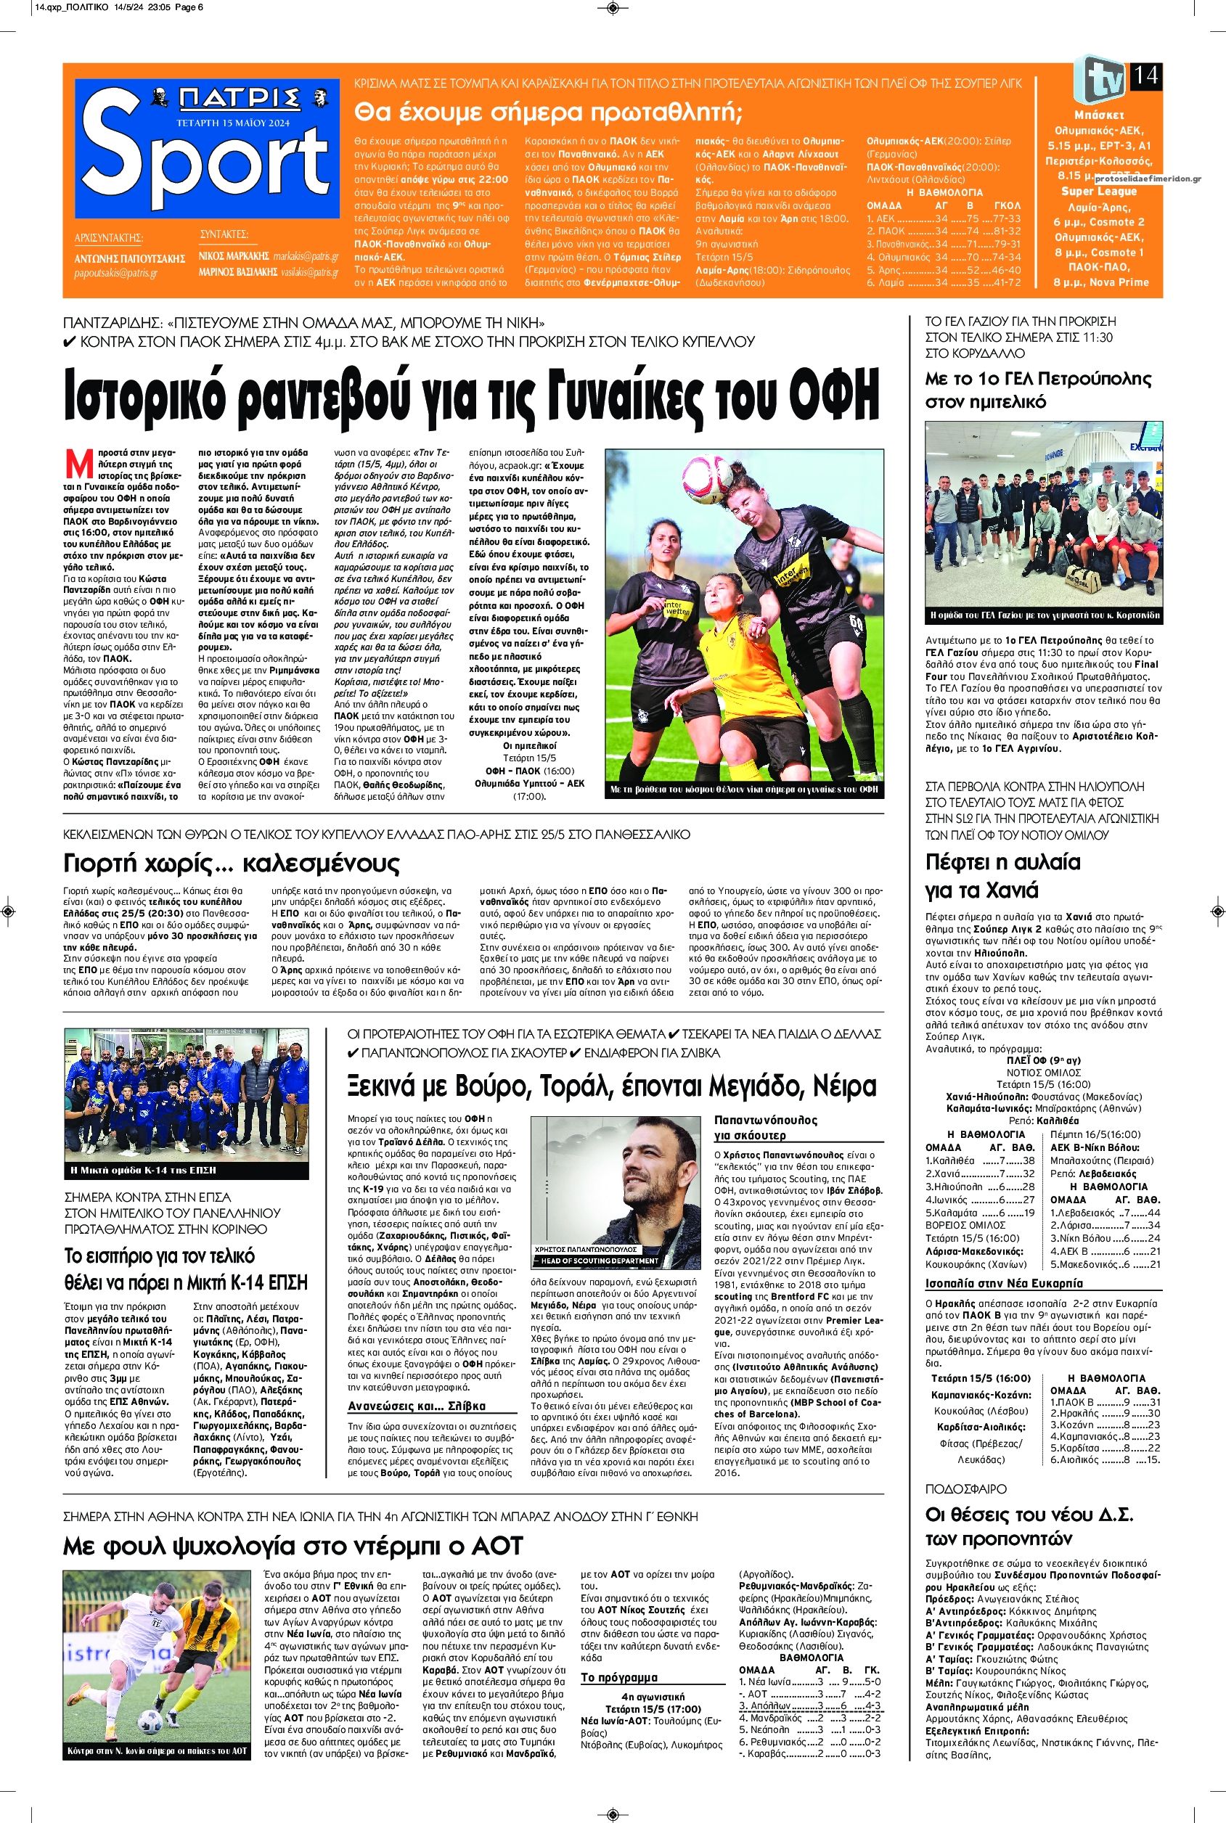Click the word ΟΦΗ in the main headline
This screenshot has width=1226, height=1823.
coord(835,399)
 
